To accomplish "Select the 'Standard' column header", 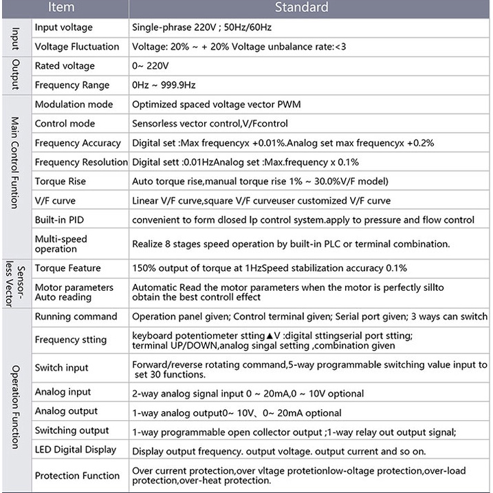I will [x=301, y=8].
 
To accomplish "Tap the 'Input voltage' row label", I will [x=63, y=28].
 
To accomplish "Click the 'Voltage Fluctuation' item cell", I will [x=77, y=47].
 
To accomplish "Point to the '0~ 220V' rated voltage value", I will [x=150, y=66].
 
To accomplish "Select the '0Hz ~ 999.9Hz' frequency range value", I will [x=164, y=85].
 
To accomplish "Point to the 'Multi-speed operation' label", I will [x=61, y=243].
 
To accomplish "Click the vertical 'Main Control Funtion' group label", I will [x=15, y=162].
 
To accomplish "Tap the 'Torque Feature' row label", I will [x=67, y=268].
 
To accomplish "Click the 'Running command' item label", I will [x=76, y=316].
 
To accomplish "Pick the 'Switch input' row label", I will [x=62, y=368].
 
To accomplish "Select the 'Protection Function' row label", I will [x=77, y=475].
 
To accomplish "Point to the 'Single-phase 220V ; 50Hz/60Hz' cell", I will [x=201, y=28].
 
